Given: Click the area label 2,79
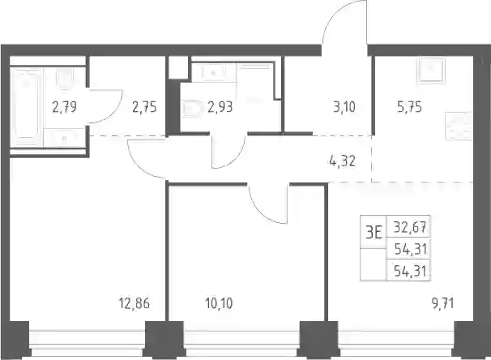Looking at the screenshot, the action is tap(65, 107).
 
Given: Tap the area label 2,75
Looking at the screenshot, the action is tap(144, 107).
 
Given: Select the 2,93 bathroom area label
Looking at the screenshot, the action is tap(220, 107).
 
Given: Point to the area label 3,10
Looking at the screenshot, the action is tap(344, 107).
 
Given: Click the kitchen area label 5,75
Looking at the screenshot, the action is tap(410, 107).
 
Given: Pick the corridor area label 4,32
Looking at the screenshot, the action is tap(343, 161).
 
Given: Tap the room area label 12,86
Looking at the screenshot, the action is tap(134, 303).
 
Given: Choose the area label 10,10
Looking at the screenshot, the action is tap(220, 303).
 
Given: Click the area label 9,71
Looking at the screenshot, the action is tap(442, 303).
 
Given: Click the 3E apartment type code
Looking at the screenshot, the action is tap(374, 233).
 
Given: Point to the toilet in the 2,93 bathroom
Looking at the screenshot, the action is tap(191, 108).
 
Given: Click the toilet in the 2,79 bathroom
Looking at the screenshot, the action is tap(65, 78).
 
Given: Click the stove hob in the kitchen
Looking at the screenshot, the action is tap(459, 126).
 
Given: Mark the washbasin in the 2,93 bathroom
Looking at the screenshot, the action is tap(214, 73).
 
